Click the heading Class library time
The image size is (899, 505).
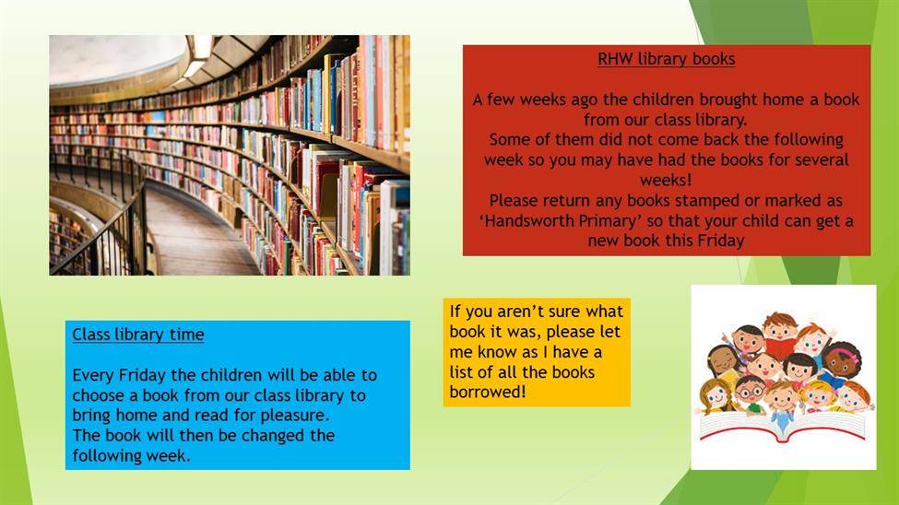138,335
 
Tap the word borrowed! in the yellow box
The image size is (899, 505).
488,392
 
